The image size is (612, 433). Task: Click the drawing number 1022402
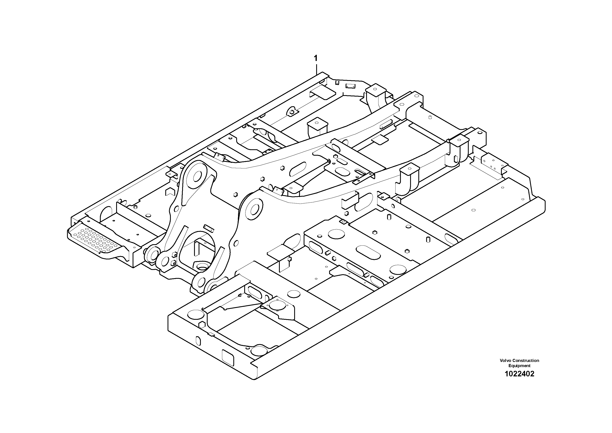click(519, 374)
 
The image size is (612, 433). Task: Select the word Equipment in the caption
click(519, 366)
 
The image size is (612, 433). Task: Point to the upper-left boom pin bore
click(198, 176)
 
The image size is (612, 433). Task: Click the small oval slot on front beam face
click(198, 341)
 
